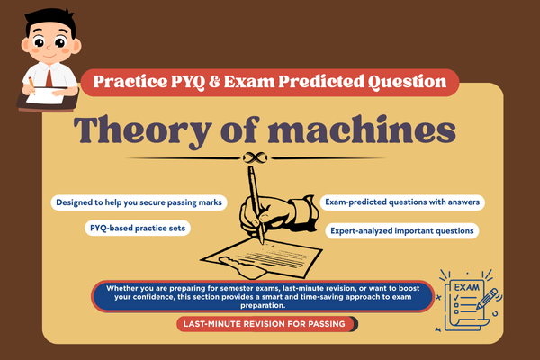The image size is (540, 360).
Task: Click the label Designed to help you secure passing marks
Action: [139, 202]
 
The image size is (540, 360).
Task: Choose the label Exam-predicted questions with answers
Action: [401, 202]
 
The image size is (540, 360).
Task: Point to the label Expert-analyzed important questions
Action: [401, 231]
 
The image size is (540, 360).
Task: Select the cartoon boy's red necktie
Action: [32, 82]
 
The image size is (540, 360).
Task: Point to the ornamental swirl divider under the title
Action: [270, 160]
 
